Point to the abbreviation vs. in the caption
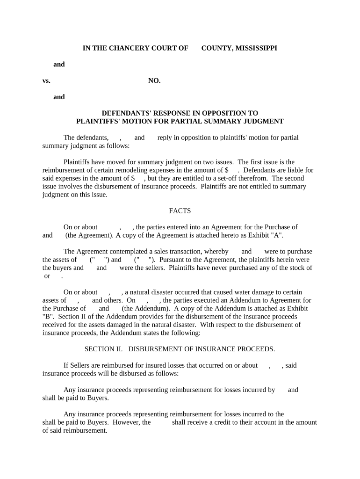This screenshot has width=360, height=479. click(x=46, y=80)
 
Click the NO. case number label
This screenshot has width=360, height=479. click(x=154, y=80)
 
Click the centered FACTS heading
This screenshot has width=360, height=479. click(x=180, y=211)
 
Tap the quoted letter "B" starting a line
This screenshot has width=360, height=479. click(x=48, y=316)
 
